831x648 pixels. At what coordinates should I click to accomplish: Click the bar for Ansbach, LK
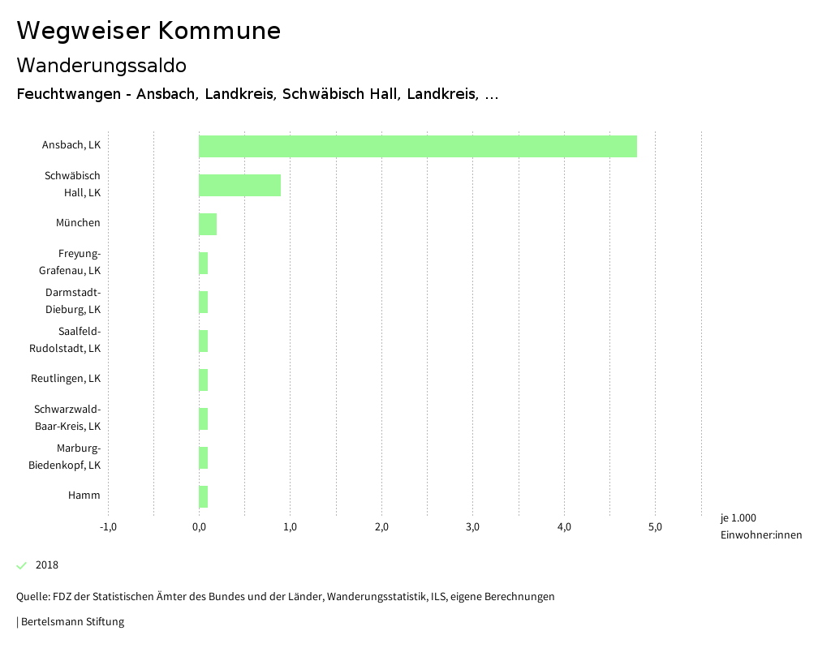417,146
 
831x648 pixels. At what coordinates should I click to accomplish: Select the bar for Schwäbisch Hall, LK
239,185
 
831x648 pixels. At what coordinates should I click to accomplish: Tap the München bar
208,224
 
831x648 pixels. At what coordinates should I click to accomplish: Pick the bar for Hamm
204,496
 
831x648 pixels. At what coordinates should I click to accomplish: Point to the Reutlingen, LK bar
204,380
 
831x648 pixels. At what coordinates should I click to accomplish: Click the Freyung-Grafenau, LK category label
70,262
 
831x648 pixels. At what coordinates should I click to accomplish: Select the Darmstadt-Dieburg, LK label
72,301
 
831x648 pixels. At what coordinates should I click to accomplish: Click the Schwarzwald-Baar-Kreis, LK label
67,418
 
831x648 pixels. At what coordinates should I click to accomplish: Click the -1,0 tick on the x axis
108,527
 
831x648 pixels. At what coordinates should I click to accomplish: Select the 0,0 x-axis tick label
199,527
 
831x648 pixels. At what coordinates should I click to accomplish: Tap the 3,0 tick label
473,527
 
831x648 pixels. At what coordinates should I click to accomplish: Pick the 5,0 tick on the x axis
656,527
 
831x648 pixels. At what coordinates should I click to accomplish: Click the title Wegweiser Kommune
149,31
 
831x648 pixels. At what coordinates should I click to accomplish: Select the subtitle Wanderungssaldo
101,66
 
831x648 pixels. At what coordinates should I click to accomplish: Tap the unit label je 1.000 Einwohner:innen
760,526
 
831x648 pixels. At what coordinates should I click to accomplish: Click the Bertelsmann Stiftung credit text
72,622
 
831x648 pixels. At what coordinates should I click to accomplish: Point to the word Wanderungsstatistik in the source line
376,597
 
